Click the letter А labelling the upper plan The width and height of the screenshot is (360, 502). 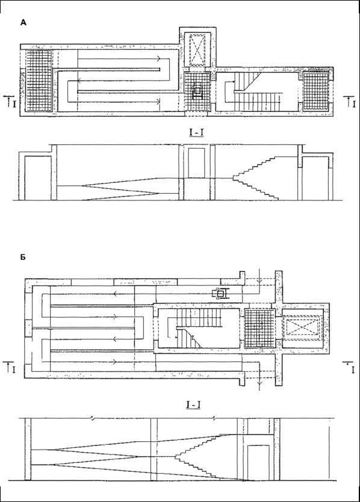point(23,22)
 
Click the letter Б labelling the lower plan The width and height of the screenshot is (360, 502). point(23,257)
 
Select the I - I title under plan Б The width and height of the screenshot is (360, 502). point(193,405)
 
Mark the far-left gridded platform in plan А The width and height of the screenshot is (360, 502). point(39,81)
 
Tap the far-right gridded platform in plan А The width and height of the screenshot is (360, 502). point(316,91)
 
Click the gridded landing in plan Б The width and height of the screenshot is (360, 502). point(259,328)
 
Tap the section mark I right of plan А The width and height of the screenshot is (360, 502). point(350,102)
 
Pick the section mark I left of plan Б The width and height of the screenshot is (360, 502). point(10,367)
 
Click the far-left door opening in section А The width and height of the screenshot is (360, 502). point(38,178)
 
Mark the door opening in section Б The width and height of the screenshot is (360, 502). point(258,463)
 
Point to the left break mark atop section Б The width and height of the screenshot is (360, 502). point(93,418)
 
